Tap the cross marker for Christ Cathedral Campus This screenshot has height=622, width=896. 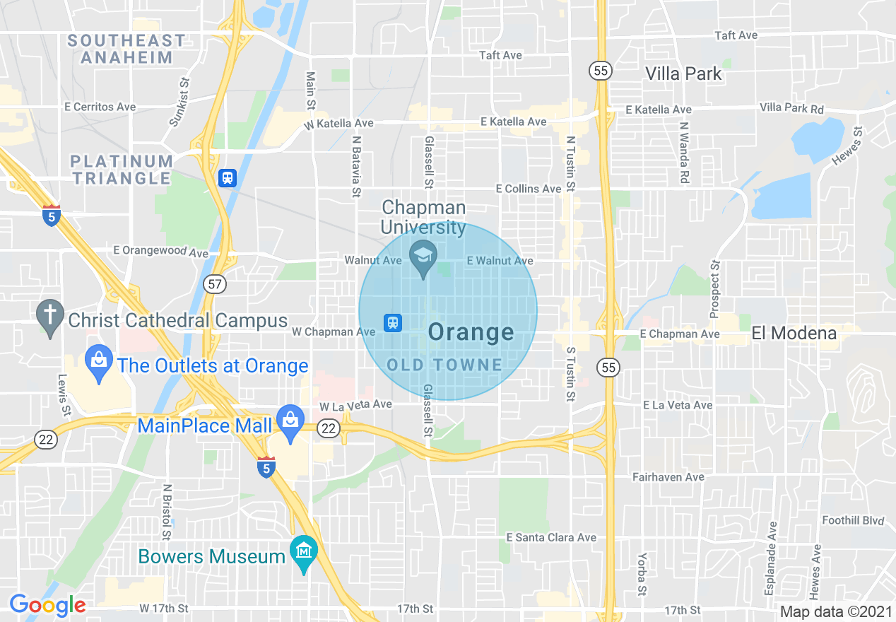tap(50, 316)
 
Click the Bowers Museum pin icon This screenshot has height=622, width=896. tap(304, 551)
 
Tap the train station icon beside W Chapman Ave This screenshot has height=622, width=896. tap(393, 323)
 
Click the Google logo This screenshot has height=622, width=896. tap(47, 605)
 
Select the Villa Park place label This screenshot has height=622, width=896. tap(684, 74)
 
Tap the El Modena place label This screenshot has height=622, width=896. tap(794, 333)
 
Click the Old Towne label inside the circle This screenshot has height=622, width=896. tap(445, 365)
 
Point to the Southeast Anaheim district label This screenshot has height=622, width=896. tap(127, 49)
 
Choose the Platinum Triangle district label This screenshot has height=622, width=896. tap(122, 170)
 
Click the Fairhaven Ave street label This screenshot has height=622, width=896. tap(668, 477)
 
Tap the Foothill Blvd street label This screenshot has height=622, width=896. tap(853, 520)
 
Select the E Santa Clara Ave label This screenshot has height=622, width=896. tap(551, 537)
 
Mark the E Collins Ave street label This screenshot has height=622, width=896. tap(529, 189)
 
